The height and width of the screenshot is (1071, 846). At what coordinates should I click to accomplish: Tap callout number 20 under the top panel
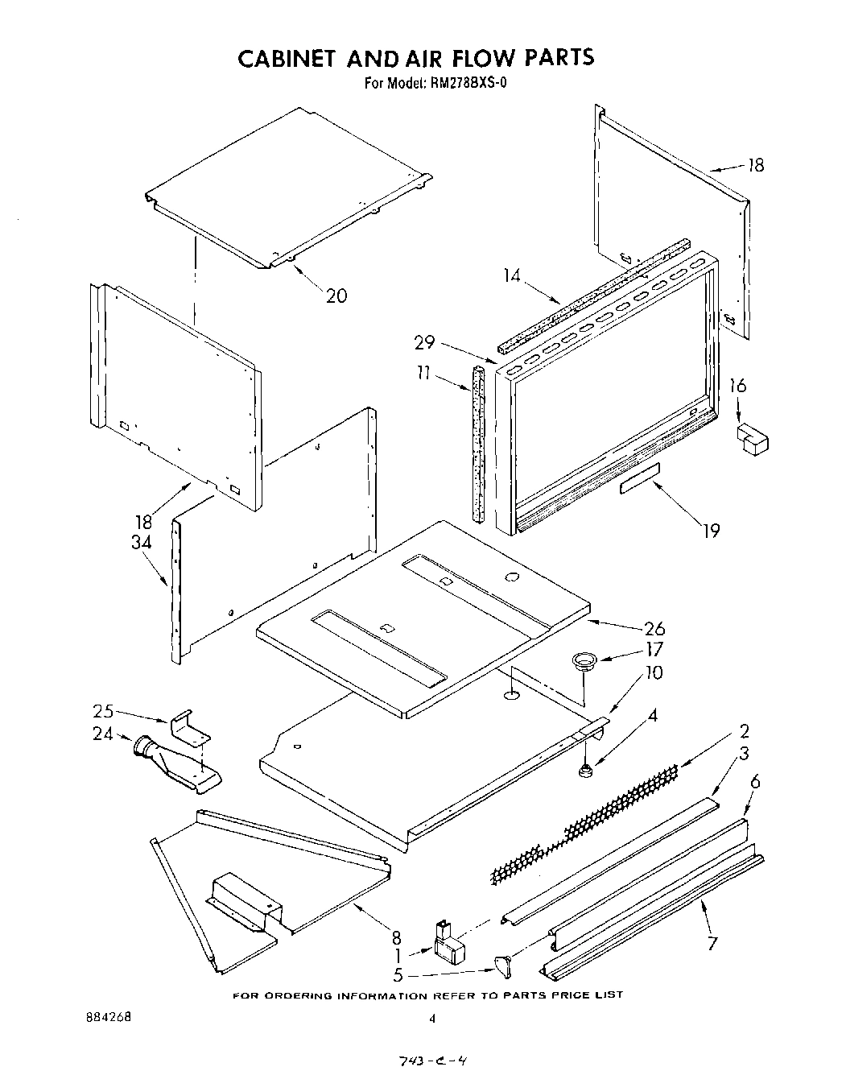click(336, 296)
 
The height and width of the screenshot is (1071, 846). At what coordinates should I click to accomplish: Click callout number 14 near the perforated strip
click(512, 276)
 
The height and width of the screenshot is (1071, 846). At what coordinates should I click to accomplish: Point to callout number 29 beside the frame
click(424, 343)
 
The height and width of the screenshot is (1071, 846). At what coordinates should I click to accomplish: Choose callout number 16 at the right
click(737, 387)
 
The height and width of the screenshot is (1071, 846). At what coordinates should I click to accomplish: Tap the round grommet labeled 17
click(583, 662)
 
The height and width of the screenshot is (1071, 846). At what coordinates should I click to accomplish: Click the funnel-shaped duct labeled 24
click(173, 763)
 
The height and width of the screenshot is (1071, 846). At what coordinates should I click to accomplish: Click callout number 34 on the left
click(142, 542)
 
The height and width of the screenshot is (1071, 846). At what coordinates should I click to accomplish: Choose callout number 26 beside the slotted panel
click(654, 628)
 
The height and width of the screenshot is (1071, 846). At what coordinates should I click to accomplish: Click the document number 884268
click(107, 1016)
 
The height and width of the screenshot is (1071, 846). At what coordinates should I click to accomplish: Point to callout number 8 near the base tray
click(397, 937)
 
